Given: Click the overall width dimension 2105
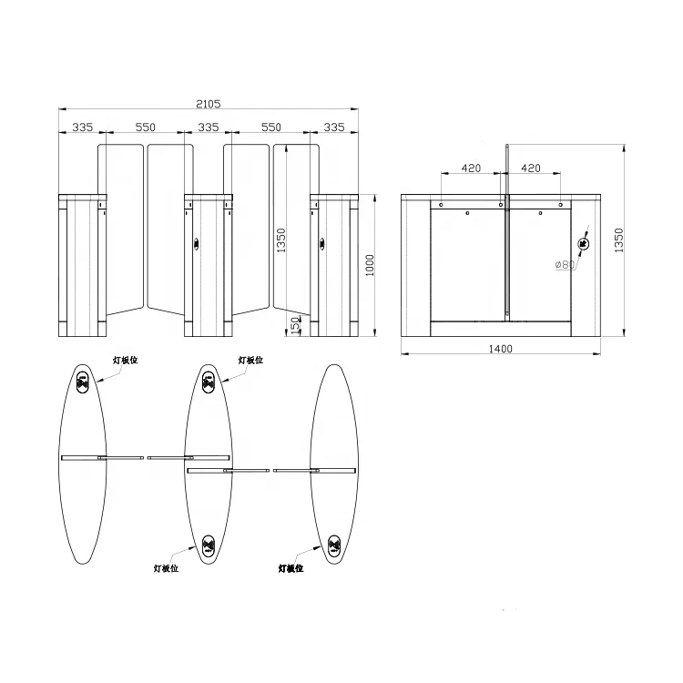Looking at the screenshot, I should (209, 104).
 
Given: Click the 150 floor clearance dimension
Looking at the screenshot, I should (294, 325).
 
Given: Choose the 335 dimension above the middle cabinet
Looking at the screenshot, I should (209, 128).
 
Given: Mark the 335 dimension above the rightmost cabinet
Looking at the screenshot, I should (334, 128).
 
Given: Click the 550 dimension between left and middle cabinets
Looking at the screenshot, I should (146, 128).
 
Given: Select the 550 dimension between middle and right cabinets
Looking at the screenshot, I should (270, 128).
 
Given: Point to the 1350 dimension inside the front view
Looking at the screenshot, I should (281, 240).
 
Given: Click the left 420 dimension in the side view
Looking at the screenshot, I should (472, 168).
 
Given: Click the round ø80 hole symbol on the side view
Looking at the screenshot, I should (584, 243).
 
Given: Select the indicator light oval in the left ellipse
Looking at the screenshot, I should (83, 383).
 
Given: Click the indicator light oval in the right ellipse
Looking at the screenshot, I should (334, 546).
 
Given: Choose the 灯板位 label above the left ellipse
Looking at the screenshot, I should (125, 361).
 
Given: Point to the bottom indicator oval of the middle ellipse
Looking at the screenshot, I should (209, 546).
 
